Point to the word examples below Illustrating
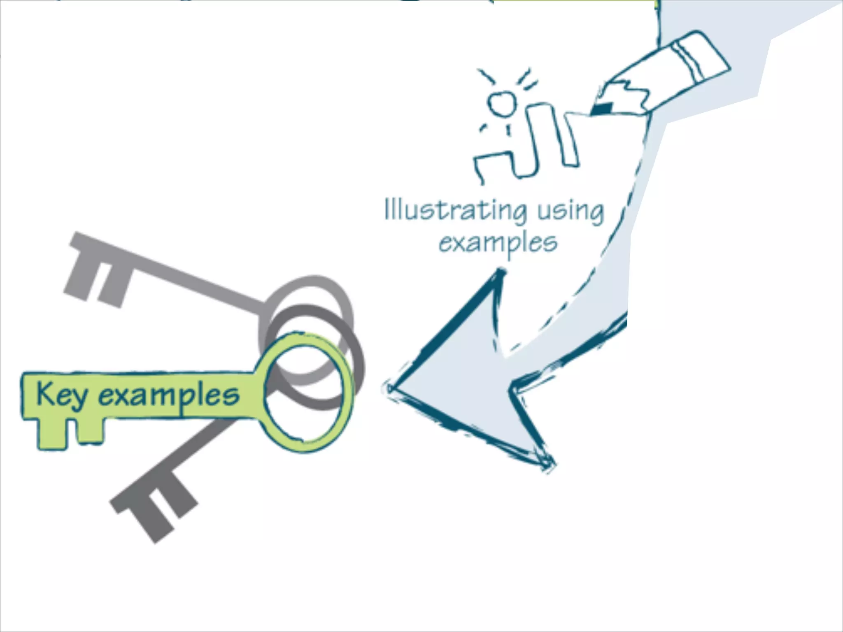pyautogui.click(x=498, y=243)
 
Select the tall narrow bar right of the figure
pyautogui.click(x=570, y=140)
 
